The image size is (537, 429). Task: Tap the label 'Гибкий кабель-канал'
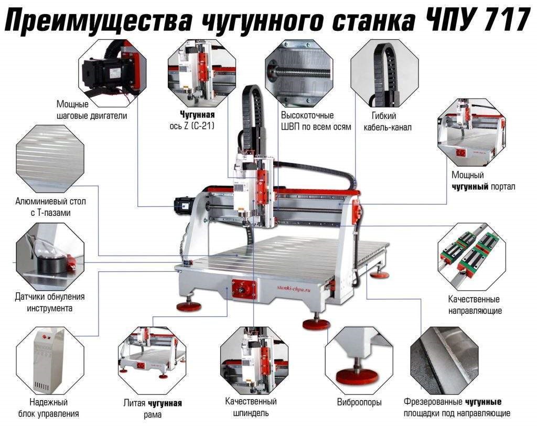click(x=388, y=122)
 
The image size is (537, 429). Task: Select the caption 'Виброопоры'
click(x=359, y=402)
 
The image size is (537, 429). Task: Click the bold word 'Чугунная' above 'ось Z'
click(x=197, y=114)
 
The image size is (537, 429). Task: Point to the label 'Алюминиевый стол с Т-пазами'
click(x=50, y=206)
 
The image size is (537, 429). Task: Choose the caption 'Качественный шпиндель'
click(x=251, y=407)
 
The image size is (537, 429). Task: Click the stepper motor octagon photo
click(x=112, y=70)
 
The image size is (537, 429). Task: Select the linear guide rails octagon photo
click(x=471, y=256)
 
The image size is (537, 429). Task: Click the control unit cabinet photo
click(x=50, y=360)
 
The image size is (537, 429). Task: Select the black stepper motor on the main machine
click(x=183, y=205)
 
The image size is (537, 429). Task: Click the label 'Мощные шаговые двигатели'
click(x=92, y=110)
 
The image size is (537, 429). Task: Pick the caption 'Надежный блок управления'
click(x=49, y=408)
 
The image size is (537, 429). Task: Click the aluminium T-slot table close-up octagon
click(x=50, y=158)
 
